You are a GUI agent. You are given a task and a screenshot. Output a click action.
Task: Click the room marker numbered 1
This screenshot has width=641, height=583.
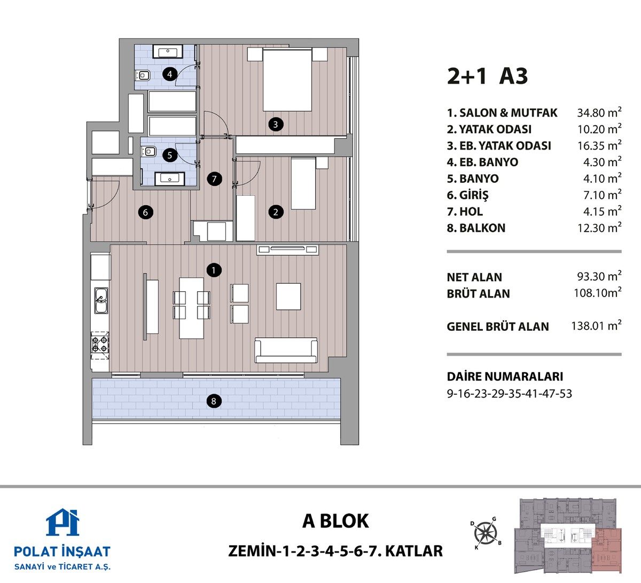coord(214,270)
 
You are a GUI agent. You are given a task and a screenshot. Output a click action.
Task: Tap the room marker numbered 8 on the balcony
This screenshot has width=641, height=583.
coord(214,401)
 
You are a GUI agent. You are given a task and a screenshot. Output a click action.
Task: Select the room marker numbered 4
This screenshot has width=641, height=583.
coord(170,74)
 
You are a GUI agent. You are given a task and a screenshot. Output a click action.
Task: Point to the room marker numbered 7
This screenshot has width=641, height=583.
coord(214,179)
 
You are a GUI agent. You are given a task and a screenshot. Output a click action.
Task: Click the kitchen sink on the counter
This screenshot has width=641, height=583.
coord(101,300)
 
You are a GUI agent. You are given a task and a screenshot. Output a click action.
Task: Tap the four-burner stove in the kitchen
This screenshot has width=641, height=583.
coord(100,344)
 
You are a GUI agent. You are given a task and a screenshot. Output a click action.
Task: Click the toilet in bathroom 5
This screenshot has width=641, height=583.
coord(148,151)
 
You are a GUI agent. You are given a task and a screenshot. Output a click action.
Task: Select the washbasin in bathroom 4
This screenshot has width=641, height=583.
coord(168,51)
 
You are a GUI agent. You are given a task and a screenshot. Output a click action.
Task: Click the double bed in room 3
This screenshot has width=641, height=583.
coord(287,80)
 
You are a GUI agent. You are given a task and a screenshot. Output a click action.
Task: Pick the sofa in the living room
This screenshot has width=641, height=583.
coord(286,350)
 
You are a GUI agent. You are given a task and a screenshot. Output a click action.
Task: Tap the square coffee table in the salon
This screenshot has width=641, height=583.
coord(288,296)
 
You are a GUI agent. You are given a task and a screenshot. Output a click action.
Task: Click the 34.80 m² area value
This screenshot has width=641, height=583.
coord(599,112)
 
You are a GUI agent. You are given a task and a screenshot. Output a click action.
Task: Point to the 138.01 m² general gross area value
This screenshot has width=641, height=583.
coord(596,325)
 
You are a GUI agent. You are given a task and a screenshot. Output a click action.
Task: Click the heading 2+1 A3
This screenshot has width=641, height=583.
coord(487,76)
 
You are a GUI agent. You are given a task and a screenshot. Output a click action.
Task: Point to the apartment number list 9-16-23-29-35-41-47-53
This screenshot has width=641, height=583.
coord(510,393)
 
